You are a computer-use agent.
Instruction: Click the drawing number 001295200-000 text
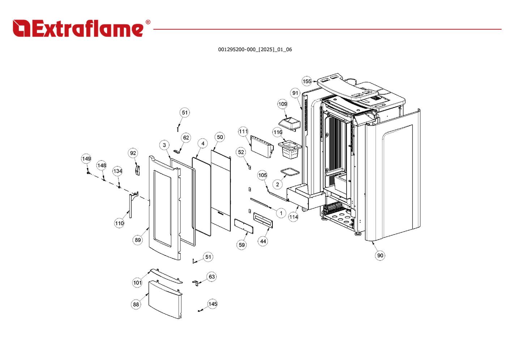255,50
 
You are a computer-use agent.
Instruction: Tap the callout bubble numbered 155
307,81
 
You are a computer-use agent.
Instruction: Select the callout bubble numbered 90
380,256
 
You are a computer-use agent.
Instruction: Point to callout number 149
86,159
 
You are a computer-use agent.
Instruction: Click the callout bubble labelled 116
277,132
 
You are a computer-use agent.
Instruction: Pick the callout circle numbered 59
242,245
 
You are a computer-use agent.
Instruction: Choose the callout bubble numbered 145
212,304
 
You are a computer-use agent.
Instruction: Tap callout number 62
186,138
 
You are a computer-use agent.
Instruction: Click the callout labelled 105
262,175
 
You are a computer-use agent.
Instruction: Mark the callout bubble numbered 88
136,304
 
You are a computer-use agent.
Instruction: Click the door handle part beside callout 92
137,170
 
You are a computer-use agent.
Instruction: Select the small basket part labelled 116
290,149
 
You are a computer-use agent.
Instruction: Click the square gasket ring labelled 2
290,172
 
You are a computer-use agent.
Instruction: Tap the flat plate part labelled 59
244,225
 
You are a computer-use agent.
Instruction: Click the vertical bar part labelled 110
130,206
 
